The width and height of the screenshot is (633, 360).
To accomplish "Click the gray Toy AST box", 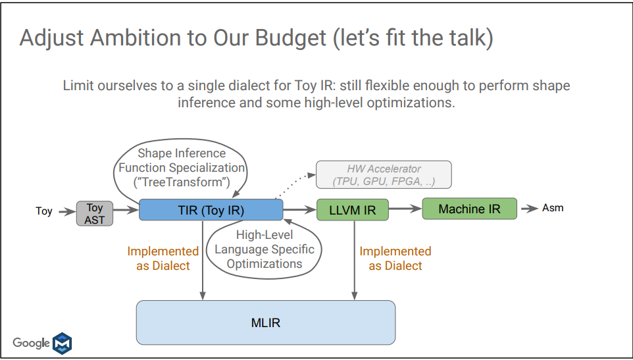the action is click(95, 213).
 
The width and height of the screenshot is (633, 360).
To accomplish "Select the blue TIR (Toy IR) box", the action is click(211, 210).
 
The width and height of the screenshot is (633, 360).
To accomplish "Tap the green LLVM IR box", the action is click(353, 210).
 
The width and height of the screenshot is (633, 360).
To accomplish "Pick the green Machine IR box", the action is click(470, 209).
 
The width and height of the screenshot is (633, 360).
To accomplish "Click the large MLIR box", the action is click(266, 322).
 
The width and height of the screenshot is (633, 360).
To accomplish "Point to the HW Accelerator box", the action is click(384, 175).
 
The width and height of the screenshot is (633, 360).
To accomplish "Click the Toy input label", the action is click(44, 211).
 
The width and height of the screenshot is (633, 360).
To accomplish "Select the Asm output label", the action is click(553, 208).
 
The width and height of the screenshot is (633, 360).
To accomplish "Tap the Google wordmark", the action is click(31, 343).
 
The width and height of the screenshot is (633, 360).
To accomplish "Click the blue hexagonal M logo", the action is click(63, 344).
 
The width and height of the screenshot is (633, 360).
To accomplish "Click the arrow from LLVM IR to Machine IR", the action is click(405, 209).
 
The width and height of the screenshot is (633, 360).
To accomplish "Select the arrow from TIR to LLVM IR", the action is click(300, 209).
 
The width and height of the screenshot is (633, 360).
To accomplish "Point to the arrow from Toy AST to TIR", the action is click(126, 210).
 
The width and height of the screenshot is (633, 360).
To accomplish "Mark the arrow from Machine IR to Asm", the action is click(529, 209).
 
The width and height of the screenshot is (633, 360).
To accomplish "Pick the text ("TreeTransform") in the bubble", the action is click(182, 182).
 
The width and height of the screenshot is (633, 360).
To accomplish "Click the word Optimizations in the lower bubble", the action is click(265, 264).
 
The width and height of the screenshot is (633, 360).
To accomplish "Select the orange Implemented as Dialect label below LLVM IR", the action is click(395, 258).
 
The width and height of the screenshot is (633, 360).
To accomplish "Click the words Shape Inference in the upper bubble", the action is click(182, 153).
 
